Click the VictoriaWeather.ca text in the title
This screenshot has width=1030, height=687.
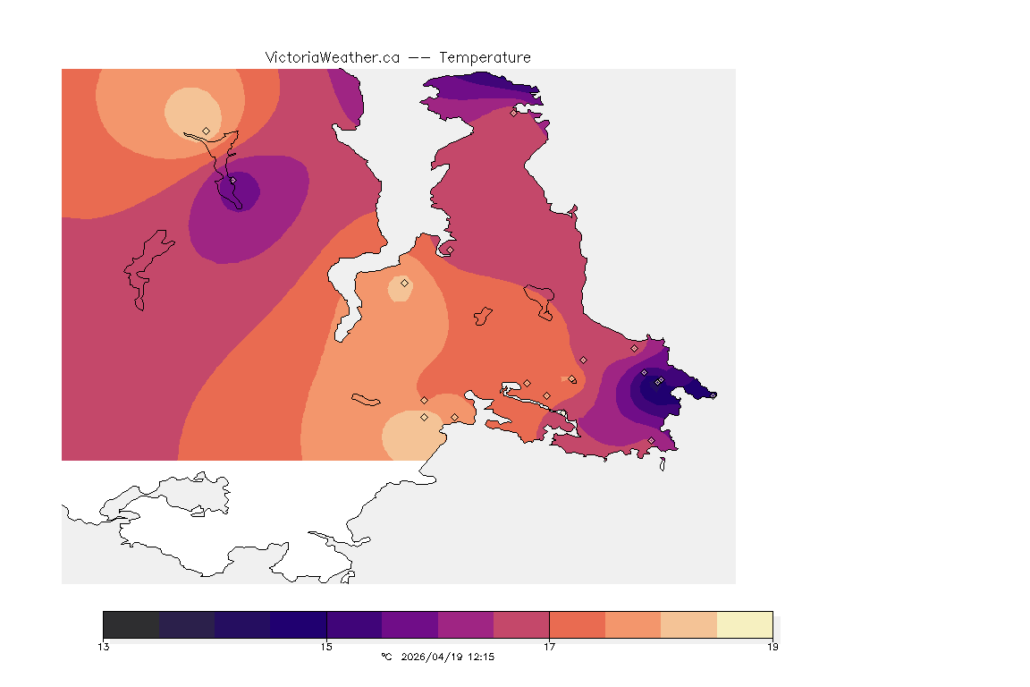[x=332, y=57]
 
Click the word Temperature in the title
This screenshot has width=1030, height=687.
[x=485, y=57]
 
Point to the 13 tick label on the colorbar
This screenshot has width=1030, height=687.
[x=104, y=647]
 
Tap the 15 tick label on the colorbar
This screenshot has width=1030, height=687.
[x=326, y=647]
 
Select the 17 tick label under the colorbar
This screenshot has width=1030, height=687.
[x=549, y=647]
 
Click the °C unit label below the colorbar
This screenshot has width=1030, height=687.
[x=386, y=657]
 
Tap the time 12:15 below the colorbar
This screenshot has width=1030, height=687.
[x=480, y=657]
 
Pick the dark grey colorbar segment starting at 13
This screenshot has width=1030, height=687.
[x=131, y=624]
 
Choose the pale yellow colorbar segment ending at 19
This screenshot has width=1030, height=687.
[x=745, y=624]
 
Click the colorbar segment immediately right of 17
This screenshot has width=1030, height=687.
[x=578, y=624]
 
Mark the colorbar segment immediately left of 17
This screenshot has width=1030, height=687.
[x=521, y=624]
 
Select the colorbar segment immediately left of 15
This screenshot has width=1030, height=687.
[x=299, y=624]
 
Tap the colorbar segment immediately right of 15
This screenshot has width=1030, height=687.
[x=354, y=624]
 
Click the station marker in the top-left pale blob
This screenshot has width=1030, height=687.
[x=207, y=131]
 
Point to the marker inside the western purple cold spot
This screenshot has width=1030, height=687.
[x=232, y=180]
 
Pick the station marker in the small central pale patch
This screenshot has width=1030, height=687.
[x=404, y=283]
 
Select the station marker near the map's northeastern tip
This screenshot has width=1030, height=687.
[x=513, y=113]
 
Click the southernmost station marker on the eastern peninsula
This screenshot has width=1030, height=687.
[x=651, y=440]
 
